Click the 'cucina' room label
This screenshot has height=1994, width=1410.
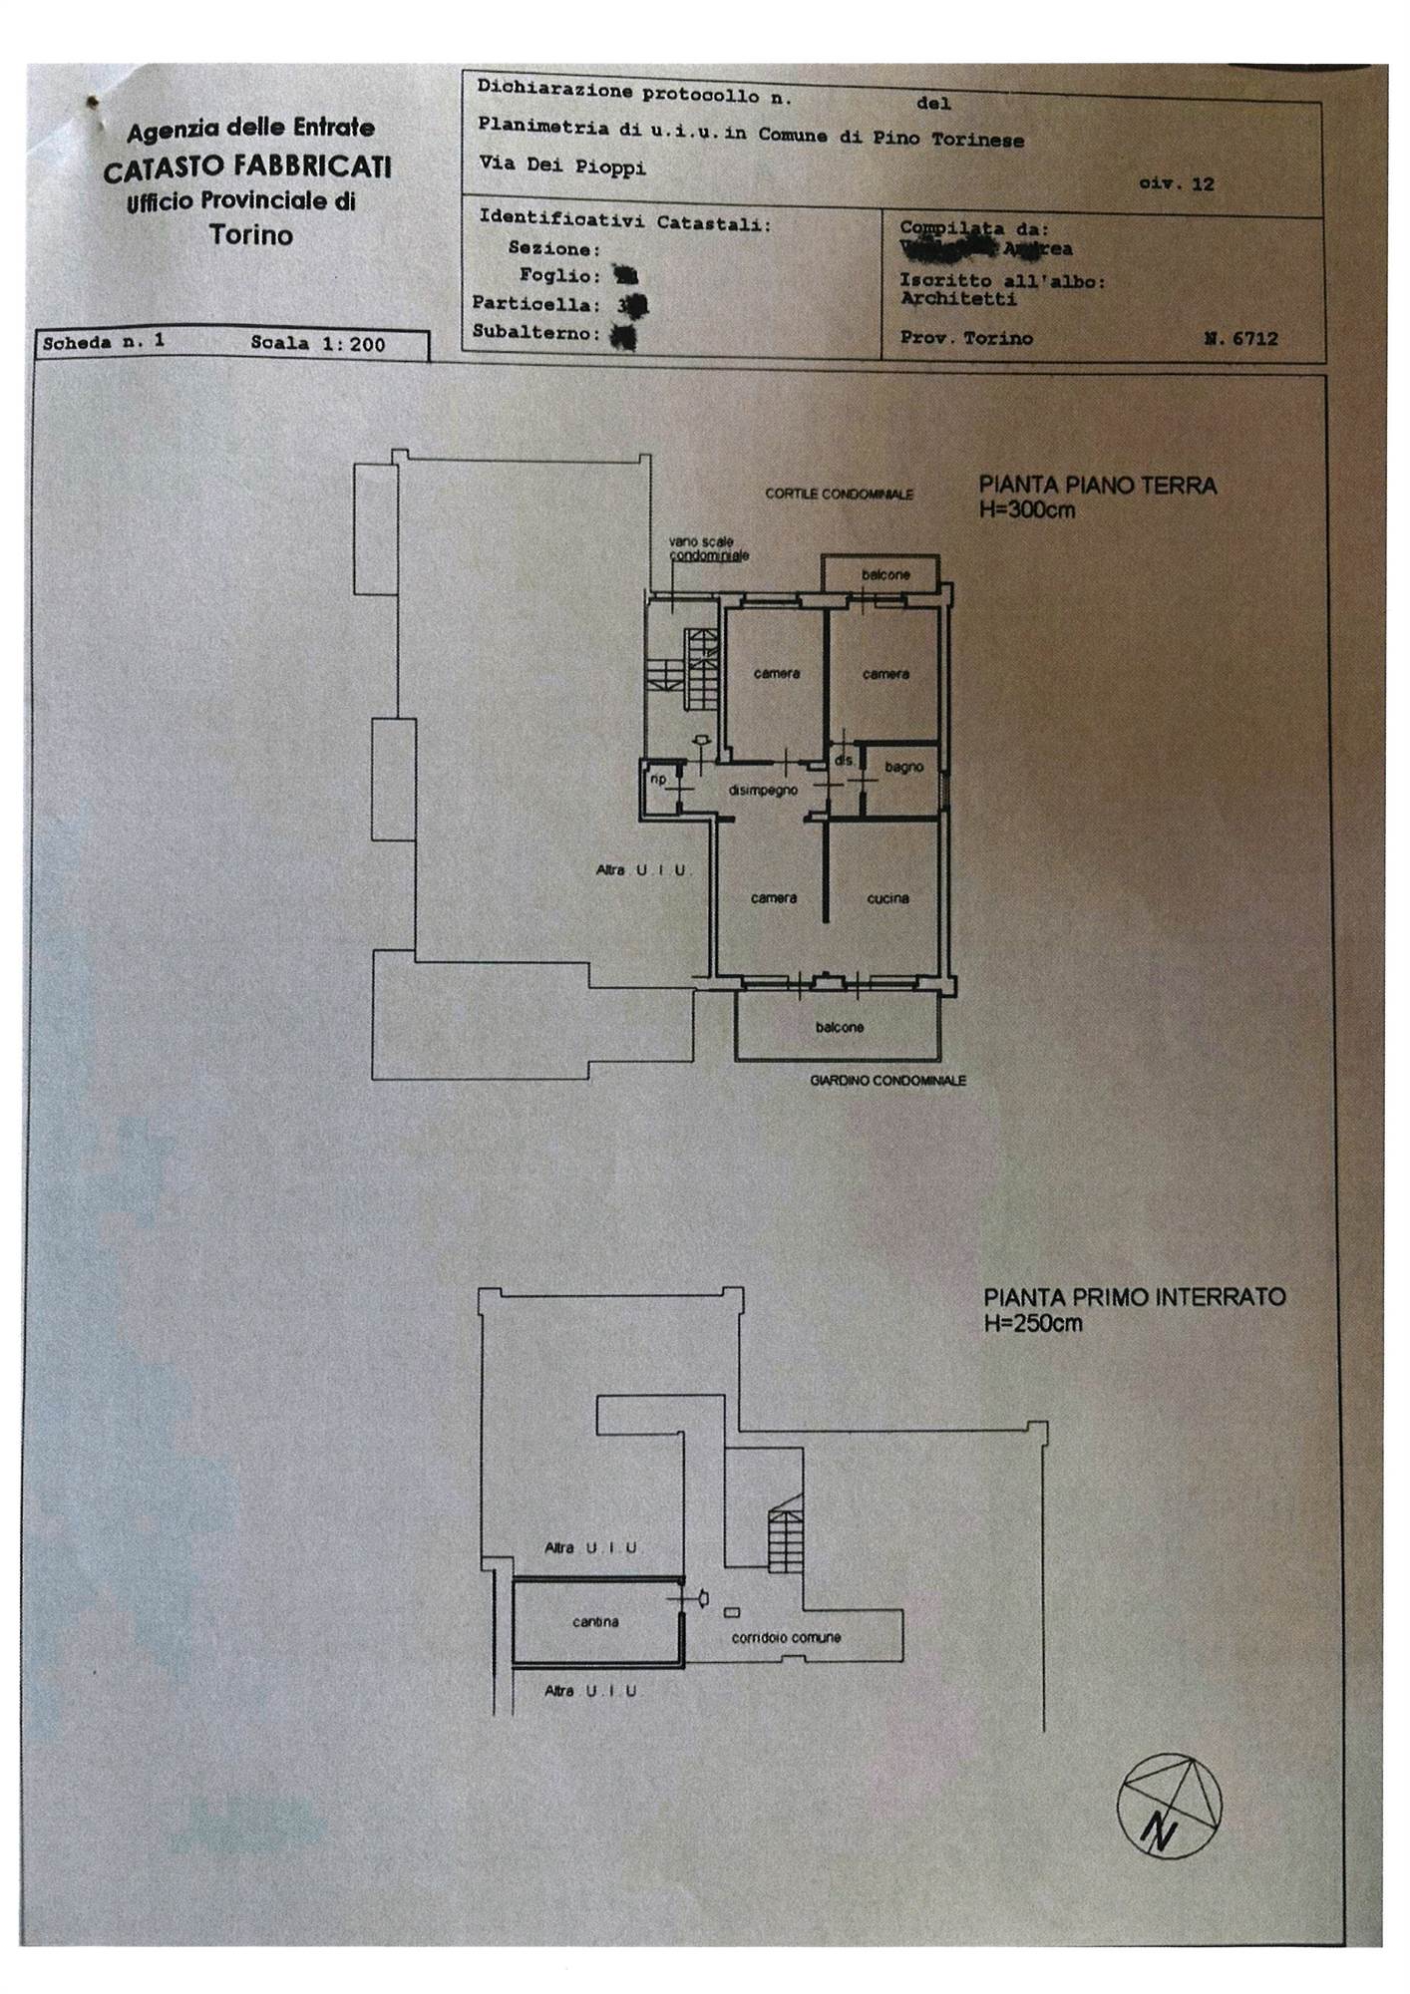coord(887,898)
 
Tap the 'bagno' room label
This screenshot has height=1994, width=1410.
coord(903,768)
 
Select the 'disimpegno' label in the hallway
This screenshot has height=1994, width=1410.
coord(763,791)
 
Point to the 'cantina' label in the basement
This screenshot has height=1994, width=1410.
coord(595,1622)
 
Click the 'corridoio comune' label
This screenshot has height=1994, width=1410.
coord(786,1637)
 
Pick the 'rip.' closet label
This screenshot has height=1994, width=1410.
coord(658,779)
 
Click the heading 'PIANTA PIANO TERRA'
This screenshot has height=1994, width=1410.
coord(1097,486)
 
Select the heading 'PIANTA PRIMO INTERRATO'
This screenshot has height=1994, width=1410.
coord(1135,1297)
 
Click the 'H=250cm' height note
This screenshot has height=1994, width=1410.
coord(1033,1324)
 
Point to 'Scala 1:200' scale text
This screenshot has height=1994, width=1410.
coord(317,344)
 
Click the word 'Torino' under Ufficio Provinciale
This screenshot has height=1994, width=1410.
coord(251,235)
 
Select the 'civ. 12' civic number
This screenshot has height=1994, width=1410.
coord(1177,183)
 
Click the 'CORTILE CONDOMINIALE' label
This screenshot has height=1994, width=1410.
coord(839,494)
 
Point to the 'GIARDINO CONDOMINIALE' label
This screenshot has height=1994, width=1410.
coord(887,1080)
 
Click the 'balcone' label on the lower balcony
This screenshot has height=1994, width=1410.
coord(839,1027)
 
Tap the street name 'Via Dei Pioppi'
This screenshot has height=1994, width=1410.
coord(562,166)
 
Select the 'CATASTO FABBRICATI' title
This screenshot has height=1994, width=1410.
coord(247,166)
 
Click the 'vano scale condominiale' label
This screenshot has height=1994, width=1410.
coord(709,548)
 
